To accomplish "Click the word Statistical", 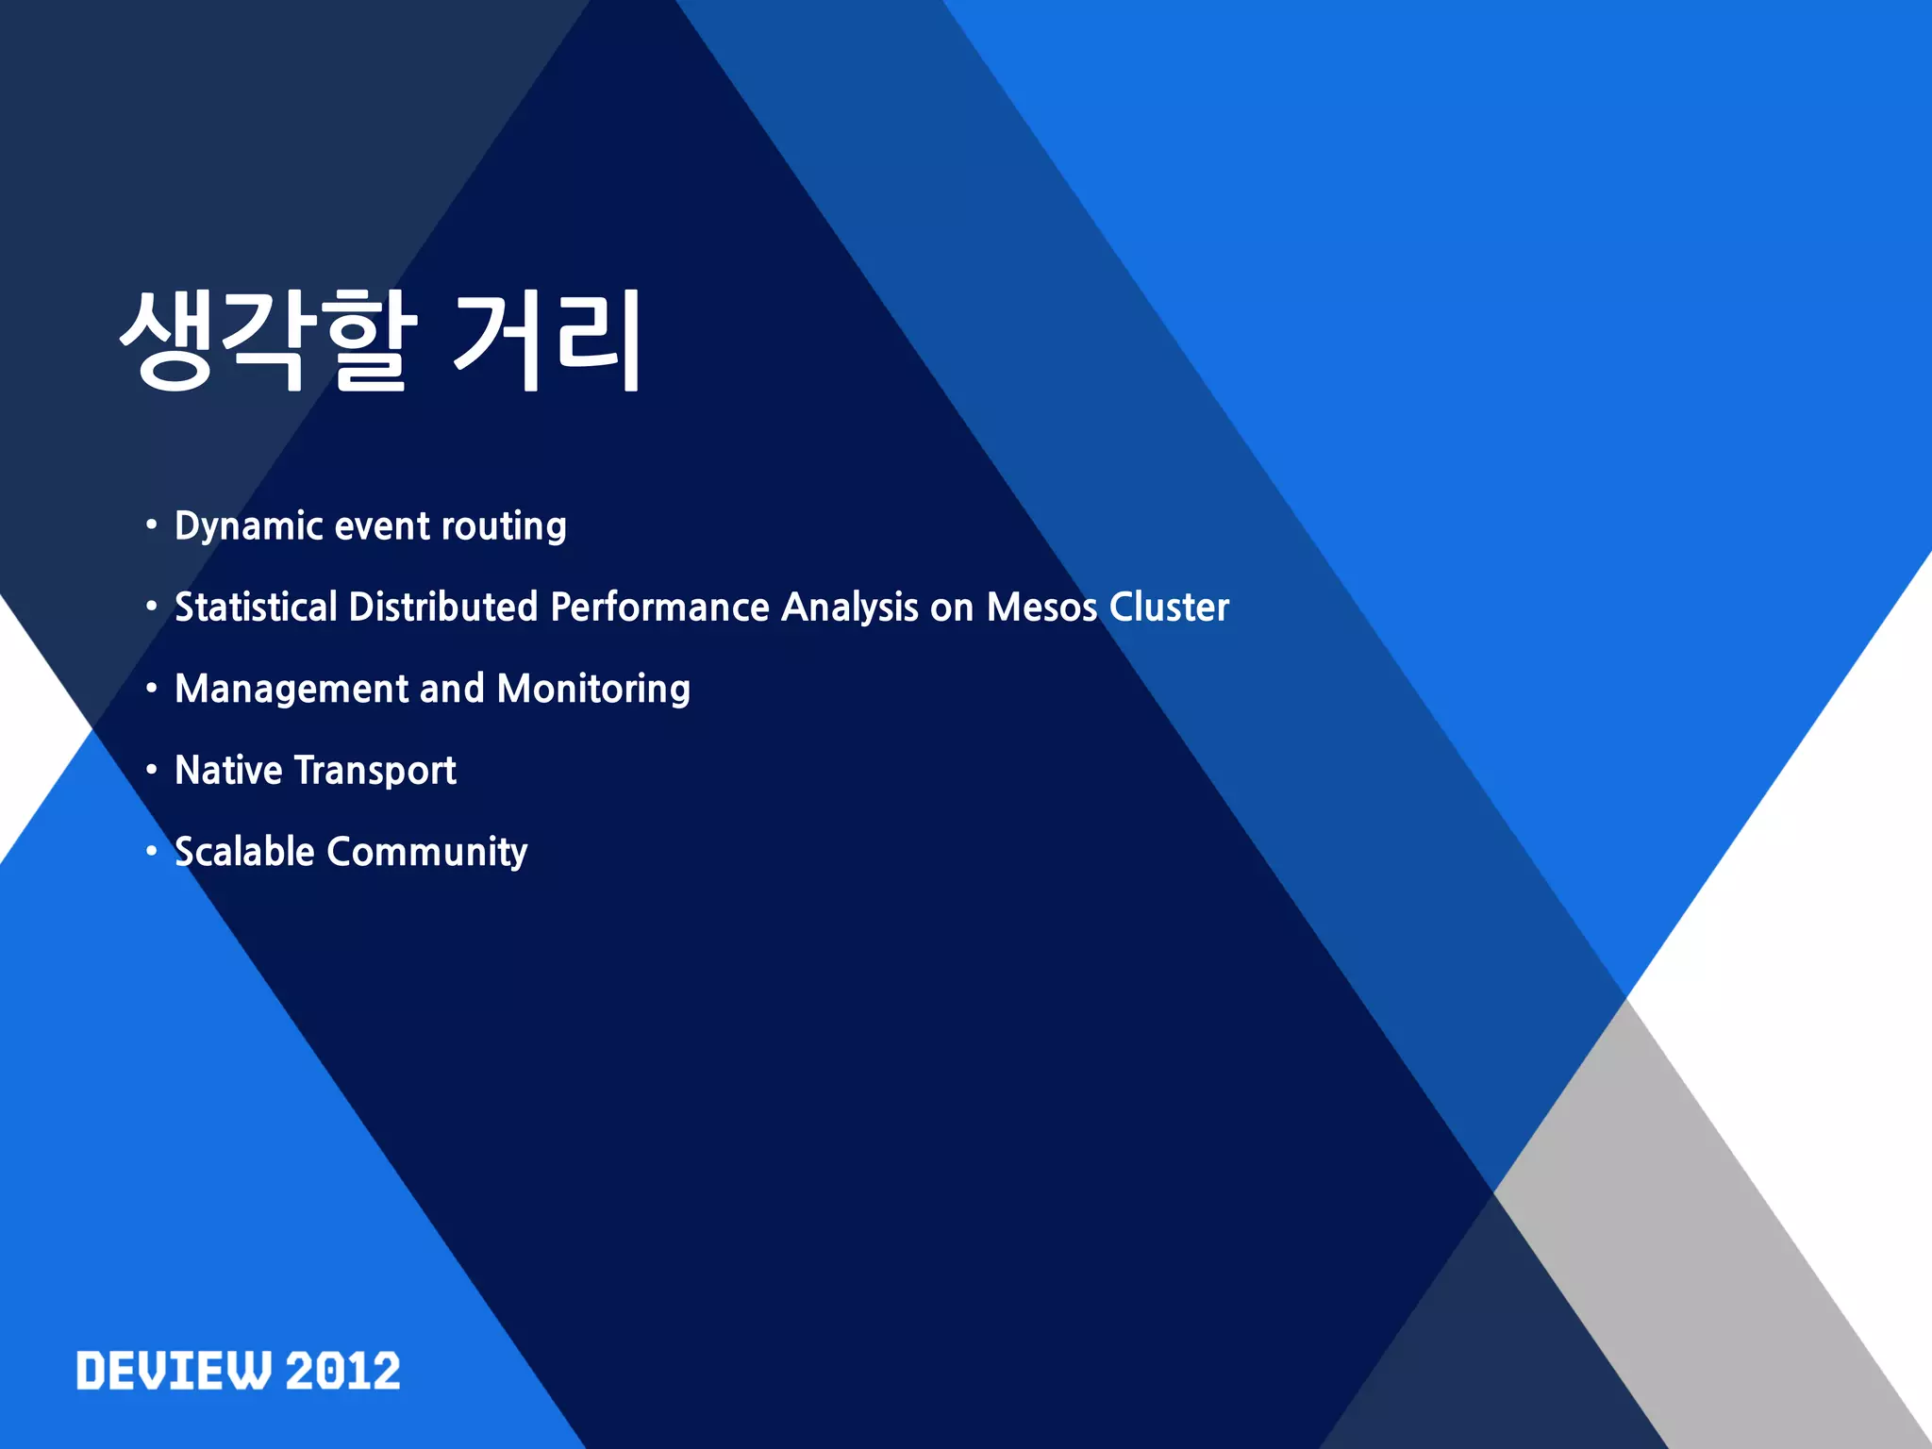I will pyautogui.click(x=256, y=608).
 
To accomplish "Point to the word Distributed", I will pyautogui.click(x=443, y=608).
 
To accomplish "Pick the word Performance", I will pyautogui.click(x=659, y=608).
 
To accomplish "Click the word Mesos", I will pyautogui.click(x=1041, y=608).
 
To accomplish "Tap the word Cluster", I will pyautogui.click(x=1169, y=608).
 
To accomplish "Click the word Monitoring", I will pyautogui.click(x=593, y=690).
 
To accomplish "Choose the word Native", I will pyautogui.click(x=228, y=771).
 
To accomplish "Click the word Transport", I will pyautogui.click(x=375, y=771).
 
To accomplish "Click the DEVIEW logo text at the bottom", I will pyautogui.click(x=174, y=1371).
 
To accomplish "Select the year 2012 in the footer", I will pyautogui.click(x=342, y=1371).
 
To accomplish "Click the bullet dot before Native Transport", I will pyautogui.click(x=151, y=770).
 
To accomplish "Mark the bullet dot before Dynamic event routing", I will pyautogui.click(x=151, y=525).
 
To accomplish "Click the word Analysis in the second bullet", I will pyautogui.click(x=850, y=608).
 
